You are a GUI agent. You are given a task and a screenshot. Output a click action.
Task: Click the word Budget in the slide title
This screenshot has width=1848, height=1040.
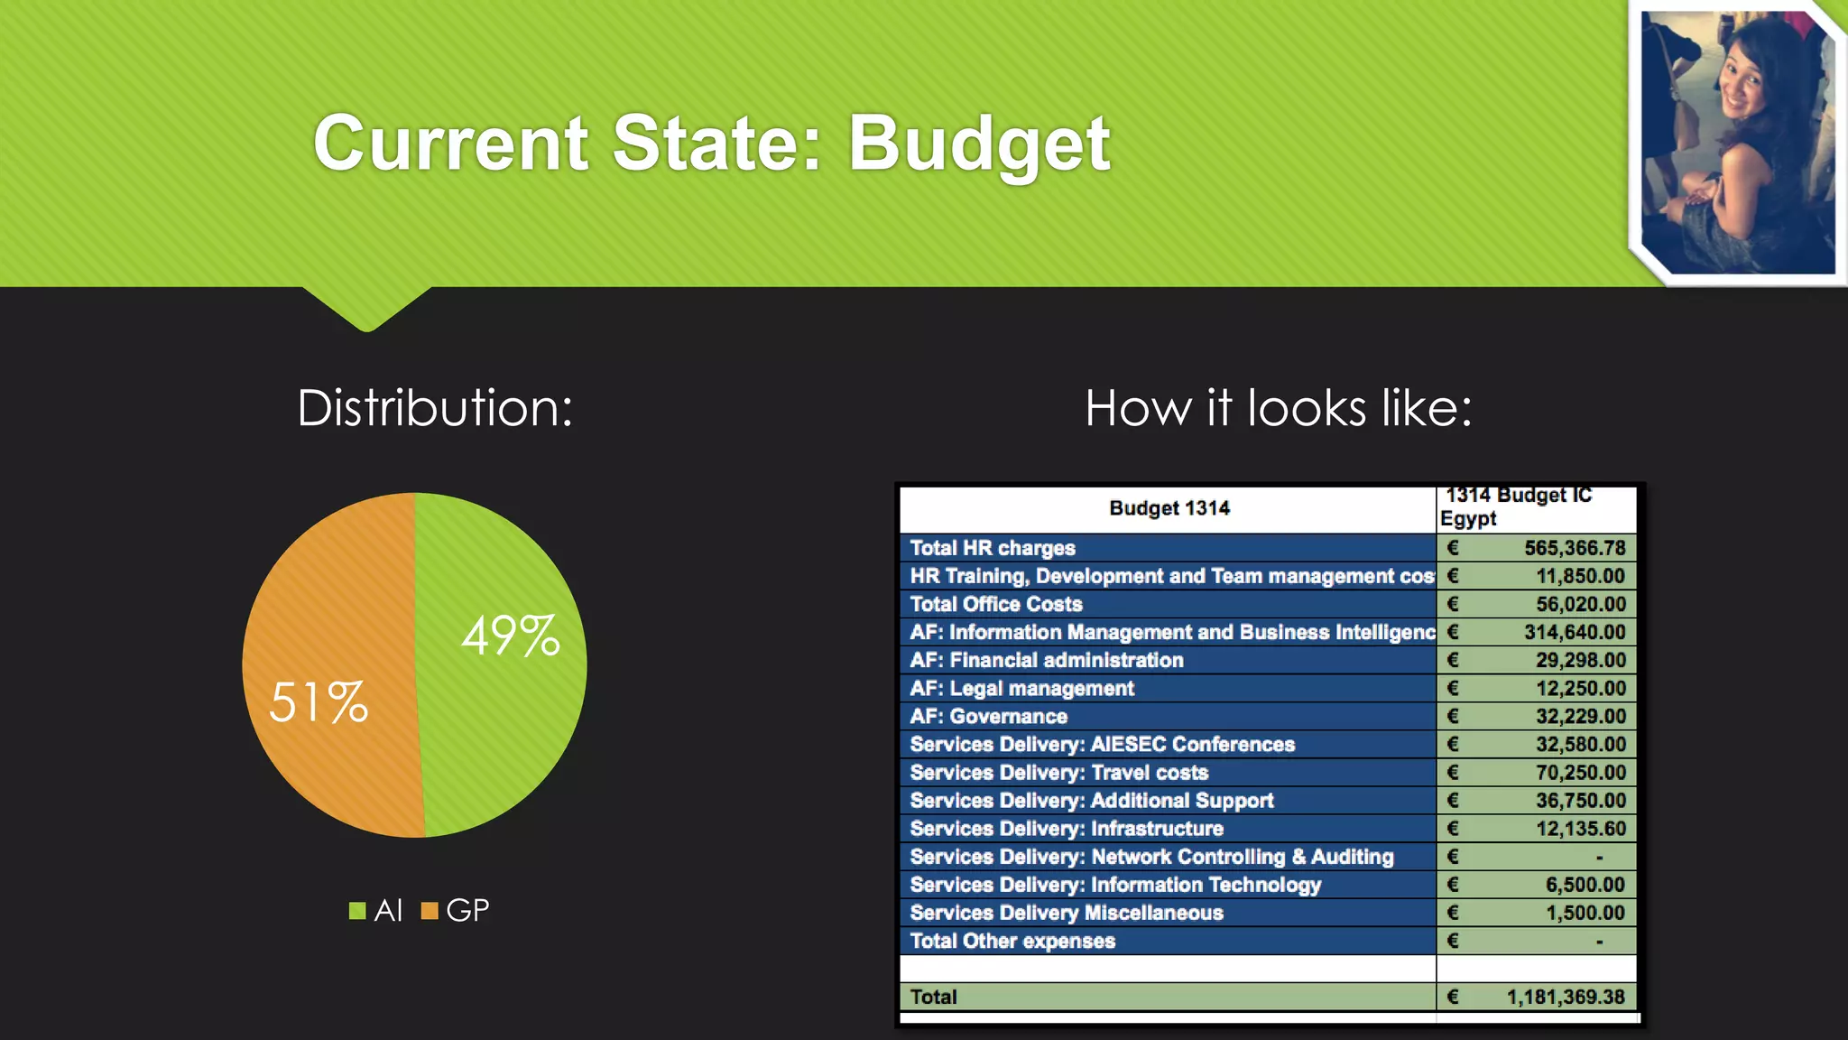[x=979, y=144]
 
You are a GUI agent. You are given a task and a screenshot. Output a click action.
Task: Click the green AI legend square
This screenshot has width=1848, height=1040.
[x=357, y=911]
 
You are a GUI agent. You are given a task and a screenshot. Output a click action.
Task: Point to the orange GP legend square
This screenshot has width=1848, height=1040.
[x=430, y=911]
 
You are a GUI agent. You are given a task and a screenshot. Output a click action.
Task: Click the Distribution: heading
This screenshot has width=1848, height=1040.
[x=435, y=408]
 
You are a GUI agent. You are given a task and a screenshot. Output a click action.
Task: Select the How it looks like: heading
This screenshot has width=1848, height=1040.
[x=1278, y=408]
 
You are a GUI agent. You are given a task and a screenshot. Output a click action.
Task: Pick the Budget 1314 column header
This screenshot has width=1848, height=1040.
[x=1169, y=508]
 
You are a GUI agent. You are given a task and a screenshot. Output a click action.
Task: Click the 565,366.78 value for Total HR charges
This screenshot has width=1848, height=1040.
[x=1575, y=548]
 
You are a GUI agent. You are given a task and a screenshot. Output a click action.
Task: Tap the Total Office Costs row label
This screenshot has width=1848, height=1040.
[x=996, y=604]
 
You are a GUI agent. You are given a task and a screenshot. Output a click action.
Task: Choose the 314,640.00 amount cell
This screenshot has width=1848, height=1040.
[x=1575, y=632]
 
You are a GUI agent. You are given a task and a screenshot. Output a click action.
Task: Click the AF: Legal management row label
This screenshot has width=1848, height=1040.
[x=1021, y=688]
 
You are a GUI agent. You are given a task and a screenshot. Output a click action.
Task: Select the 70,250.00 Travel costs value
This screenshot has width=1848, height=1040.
[x=1581, y=772]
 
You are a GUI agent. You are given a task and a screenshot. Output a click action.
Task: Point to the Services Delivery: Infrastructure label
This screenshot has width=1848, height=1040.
[x=1067, y=828]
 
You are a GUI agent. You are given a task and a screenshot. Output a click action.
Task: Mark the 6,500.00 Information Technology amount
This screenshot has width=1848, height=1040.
[x=1585, y=885]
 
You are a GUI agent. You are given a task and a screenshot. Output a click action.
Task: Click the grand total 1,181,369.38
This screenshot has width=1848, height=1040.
[x=1566, y=997]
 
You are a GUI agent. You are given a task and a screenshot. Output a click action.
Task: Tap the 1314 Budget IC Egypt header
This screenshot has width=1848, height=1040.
[x=1516, y=507]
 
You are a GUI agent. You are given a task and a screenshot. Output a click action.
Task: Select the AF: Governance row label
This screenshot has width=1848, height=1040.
[x=989, y=716]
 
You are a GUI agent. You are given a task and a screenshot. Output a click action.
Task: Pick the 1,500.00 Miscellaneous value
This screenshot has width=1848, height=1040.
[x=1585, y=913]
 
